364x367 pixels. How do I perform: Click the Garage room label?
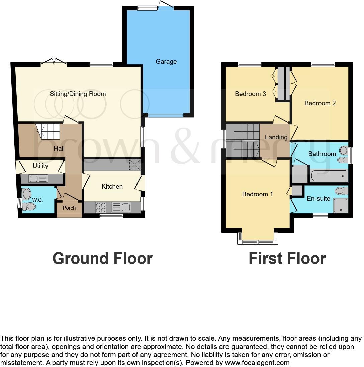click(166, 62)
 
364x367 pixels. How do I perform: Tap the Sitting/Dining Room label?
click(78, 94)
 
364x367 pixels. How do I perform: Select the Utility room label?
click(40, 166)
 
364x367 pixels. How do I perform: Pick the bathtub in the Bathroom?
click(329, 176)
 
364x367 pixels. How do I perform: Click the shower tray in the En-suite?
click(341, 205)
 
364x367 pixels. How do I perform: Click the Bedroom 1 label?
click(255, 194)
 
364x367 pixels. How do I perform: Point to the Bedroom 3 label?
click(250, 94)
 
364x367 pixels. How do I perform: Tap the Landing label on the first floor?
click(276, 137)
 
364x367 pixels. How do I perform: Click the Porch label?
click(69, 208)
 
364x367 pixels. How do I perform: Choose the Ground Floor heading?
click(102, 259)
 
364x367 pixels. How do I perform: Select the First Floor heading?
click(287, 259)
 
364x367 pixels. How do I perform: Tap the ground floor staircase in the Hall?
click(48, 131)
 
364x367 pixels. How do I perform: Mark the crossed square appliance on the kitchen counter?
click(135, 165)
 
